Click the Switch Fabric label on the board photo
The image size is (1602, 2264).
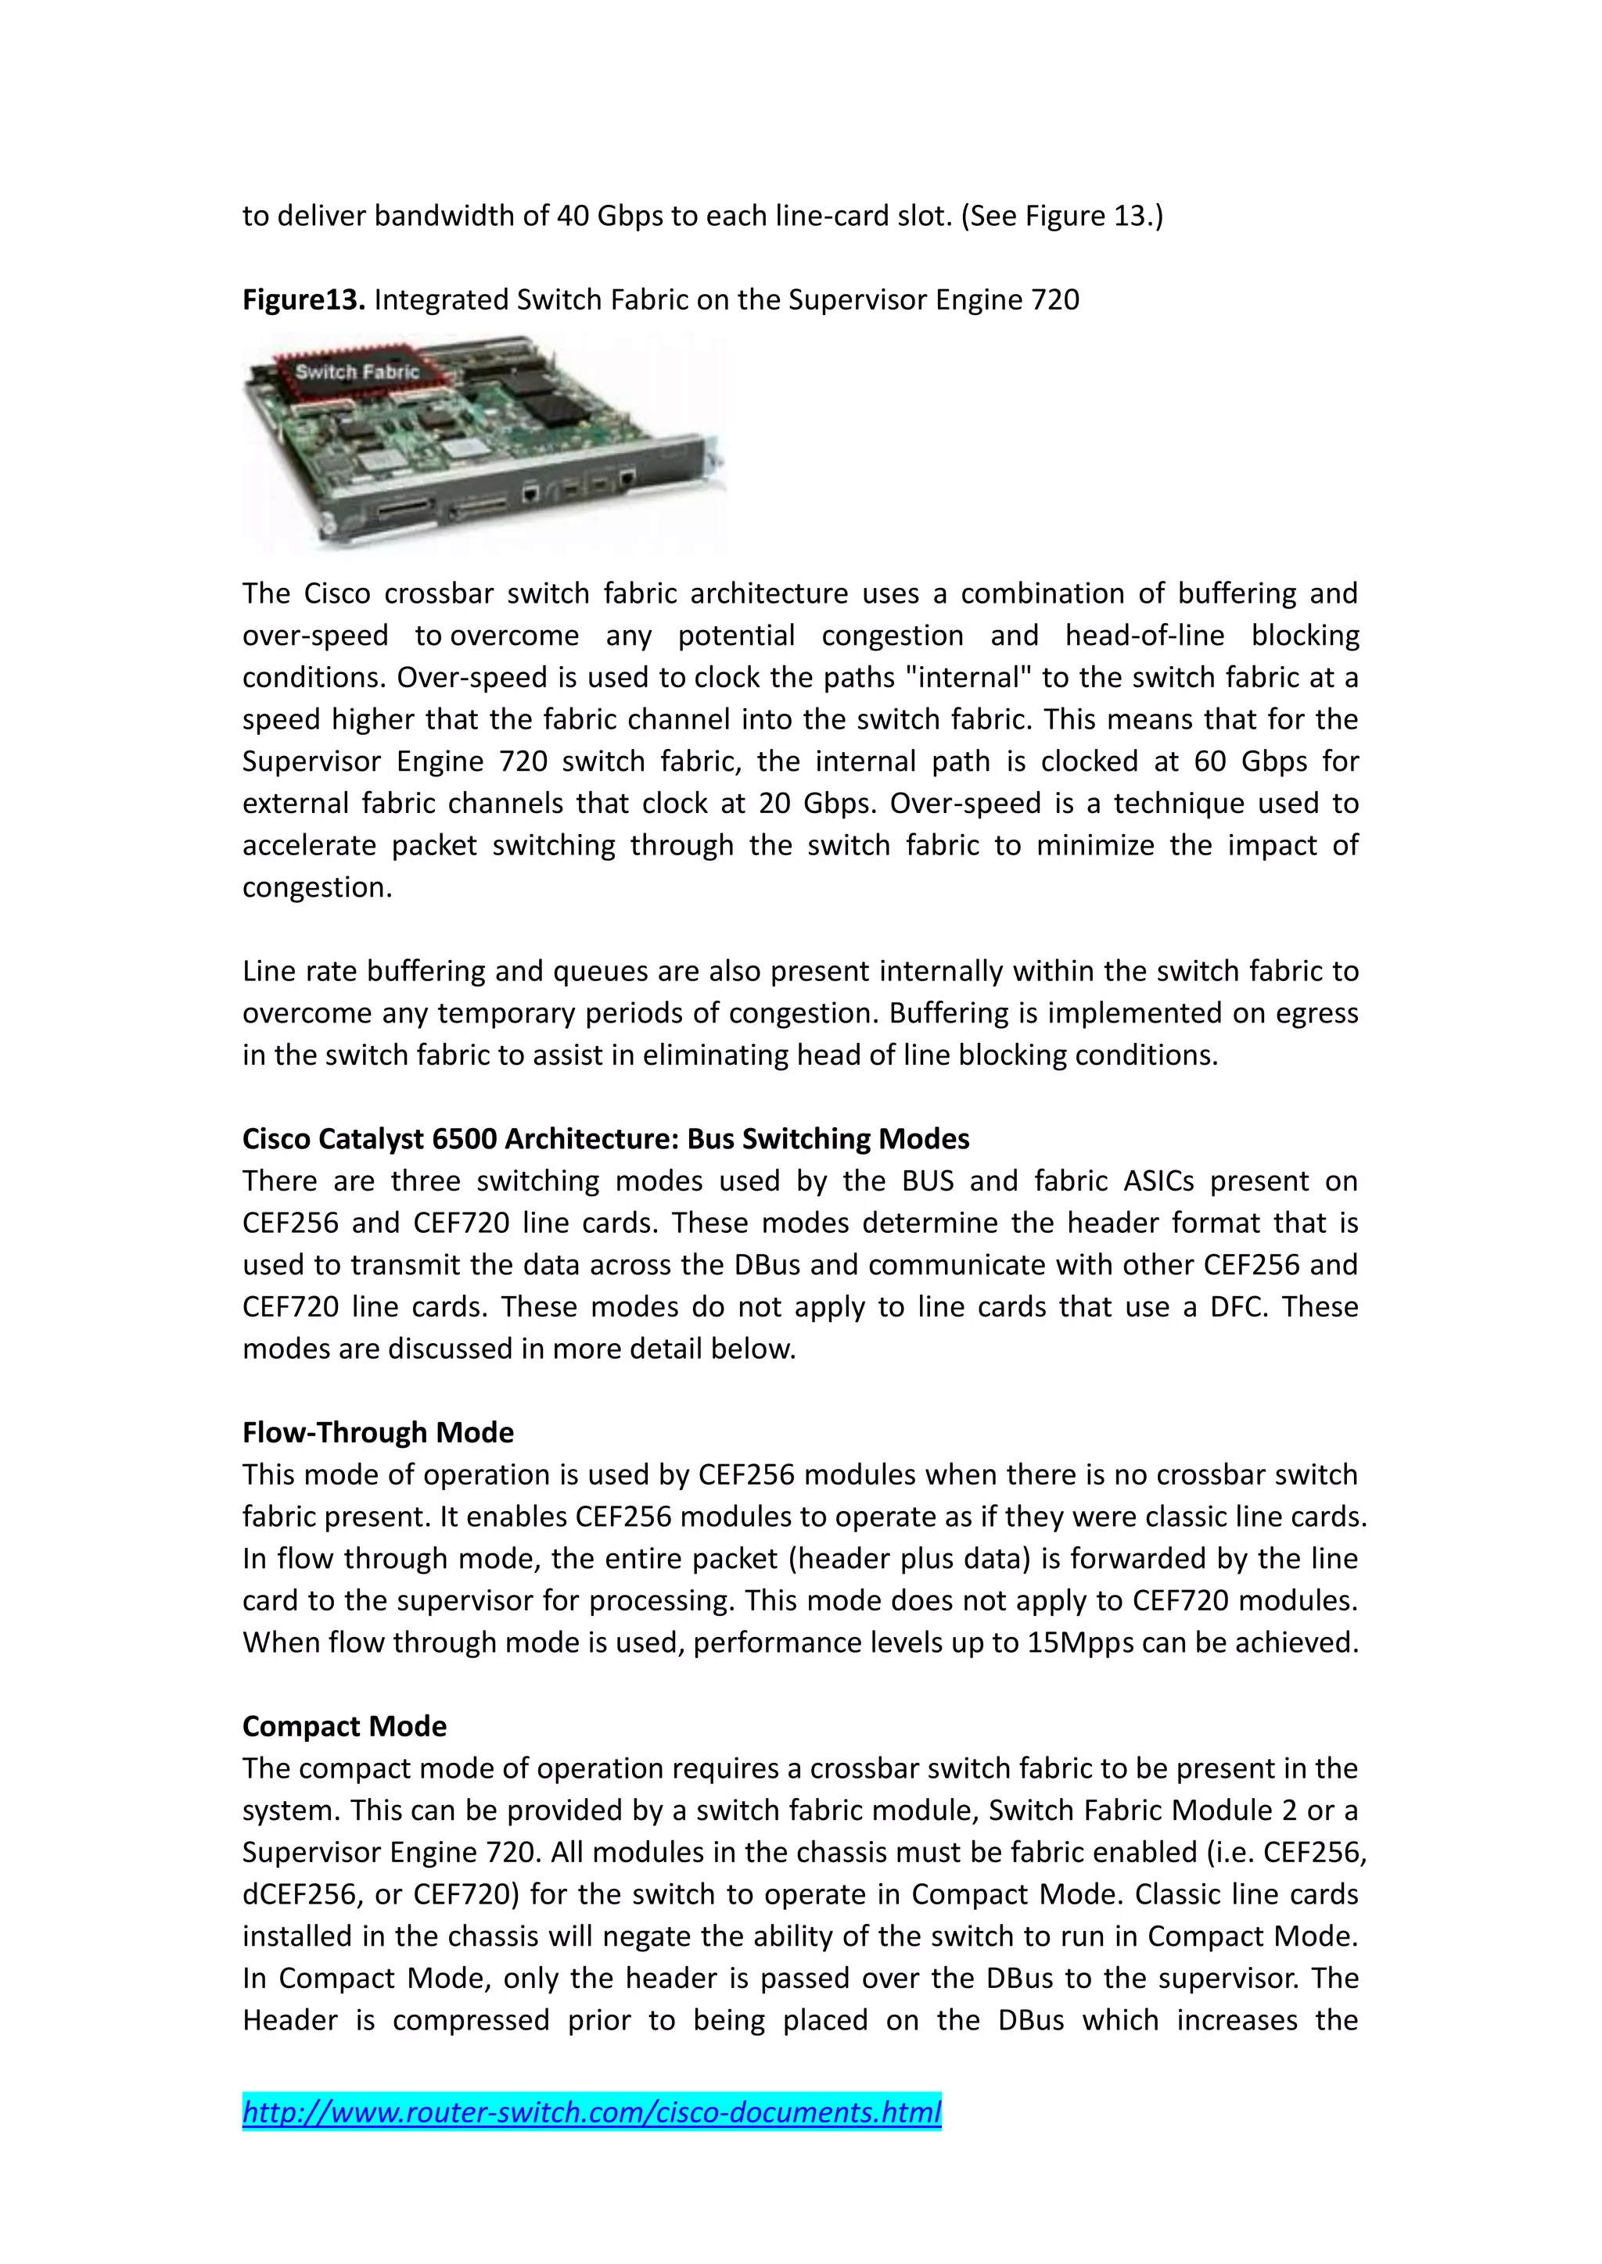pos(357,372)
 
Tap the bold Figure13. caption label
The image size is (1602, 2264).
pos(304,299)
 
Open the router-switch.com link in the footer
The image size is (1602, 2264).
pos(592,2112)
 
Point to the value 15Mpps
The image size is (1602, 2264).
pos(1080,1642)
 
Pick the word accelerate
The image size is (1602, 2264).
pos(309,845)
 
